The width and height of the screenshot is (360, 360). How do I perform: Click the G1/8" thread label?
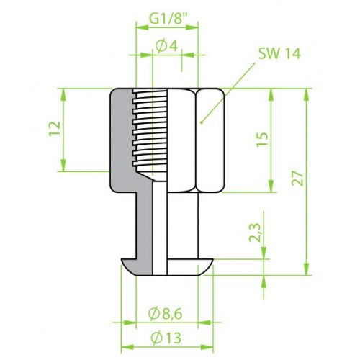(x=168, y=18)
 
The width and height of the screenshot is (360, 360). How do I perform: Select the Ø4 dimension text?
(x=166, y=46)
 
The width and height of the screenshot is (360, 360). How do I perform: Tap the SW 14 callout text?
(x=279, y=53)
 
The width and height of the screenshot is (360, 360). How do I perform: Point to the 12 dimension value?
(x=55, y=129)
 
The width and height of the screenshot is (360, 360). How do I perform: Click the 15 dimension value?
(x=262, y=139)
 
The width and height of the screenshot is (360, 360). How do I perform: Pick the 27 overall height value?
(x=297, y=179)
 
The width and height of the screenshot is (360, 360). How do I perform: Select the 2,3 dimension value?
(x=255, y=233)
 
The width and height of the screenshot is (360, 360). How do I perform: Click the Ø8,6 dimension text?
(x=165, y=314)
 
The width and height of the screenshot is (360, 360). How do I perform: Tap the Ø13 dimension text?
(x=166, y=338)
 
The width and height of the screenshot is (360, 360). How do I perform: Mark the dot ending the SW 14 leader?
(x=201, y=122)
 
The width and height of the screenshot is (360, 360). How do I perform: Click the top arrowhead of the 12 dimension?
(x=63, y=94)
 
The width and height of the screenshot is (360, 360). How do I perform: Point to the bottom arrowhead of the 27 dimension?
(x=306, y=269)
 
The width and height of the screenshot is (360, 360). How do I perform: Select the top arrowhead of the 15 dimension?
(x=271, y=94)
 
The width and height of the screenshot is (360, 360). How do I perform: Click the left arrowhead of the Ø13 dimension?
(x=127, y=347)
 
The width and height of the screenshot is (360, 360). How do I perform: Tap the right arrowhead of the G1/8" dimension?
(x=192, y=27)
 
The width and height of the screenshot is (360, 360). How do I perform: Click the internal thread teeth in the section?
(x=150, y=130)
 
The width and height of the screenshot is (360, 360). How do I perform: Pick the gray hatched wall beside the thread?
(x=121, y=139)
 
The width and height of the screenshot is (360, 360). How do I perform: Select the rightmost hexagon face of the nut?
(x=210, y=140)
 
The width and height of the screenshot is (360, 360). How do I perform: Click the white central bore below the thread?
(x=160, y=228)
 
